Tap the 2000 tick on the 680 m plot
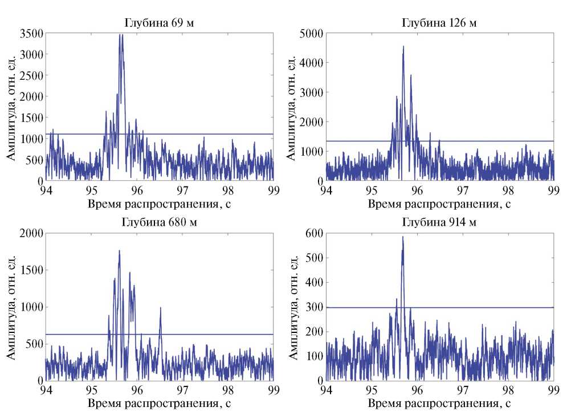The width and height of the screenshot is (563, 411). [31, 233]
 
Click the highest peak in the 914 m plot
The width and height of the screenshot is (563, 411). [402, 237]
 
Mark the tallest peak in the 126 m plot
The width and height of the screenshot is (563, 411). [403, 47]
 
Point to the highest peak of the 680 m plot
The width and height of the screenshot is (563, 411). [119, 250]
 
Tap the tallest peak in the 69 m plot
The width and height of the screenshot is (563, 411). [120, 35]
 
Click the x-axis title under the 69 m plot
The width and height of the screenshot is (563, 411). [159, 202]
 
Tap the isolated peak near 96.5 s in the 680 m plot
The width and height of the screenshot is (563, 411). [160, 308]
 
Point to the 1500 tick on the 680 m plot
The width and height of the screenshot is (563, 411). [31, 270]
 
